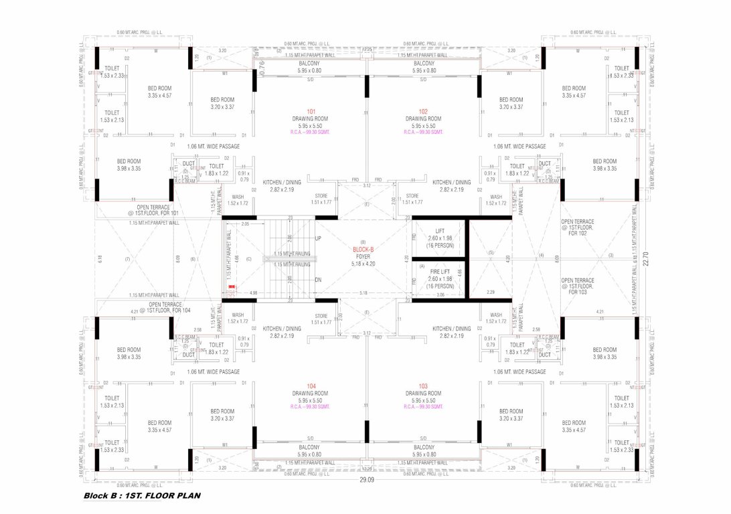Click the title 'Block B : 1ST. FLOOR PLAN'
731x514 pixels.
point(142,496)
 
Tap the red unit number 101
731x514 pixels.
point(311,112)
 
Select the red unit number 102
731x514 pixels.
point(423,112)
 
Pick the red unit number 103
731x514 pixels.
point(423,386)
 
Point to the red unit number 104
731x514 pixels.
point(311,386)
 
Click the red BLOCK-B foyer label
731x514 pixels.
point(363,249)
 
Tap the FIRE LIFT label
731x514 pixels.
point(440,272)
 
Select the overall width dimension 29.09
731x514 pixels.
point(365,480)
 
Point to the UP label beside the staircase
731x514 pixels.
point(318,238)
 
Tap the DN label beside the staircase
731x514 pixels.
point(318,280)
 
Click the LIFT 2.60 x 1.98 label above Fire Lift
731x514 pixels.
point(440,238)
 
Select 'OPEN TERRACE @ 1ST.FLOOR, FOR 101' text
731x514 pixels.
point(154,210)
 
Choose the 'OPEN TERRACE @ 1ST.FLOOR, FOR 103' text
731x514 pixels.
point(577,286)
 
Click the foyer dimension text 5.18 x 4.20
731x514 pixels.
point(363,263)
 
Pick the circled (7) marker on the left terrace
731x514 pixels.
point(127,259)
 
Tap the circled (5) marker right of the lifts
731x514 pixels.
point(490,252)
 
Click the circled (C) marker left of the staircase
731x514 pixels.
point(248,259)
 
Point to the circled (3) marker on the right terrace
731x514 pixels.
point(610,255)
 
